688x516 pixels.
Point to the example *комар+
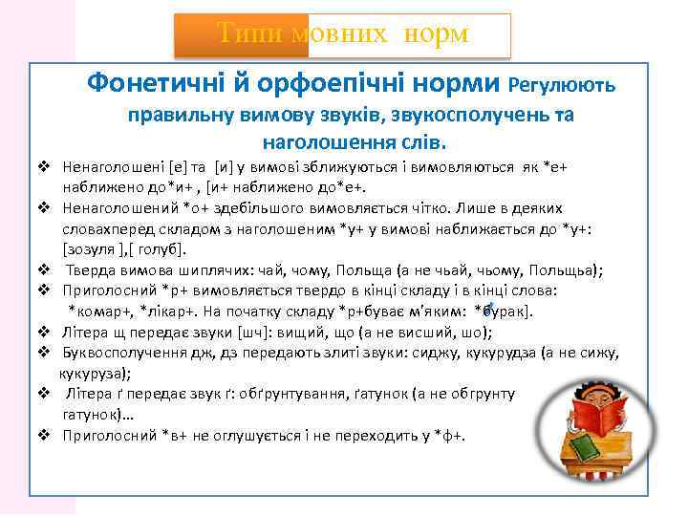tap(97, 311)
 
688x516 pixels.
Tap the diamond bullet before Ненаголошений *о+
tap(44, 207)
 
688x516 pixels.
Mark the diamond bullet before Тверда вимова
tap(44, 269)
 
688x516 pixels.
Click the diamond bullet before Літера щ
tap(44, 332)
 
